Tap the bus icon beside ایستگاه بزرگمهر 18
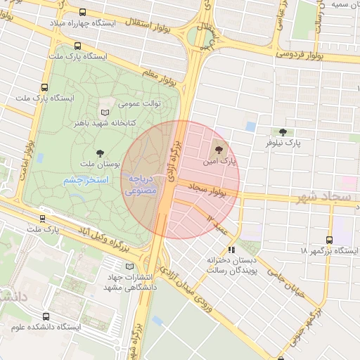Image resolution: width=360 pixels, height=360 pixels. [330, 239]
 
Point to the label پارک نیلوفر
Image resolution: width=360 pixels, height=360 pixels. [283, 143]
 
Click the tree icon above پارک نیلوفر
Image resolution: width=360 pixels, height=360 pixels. [283, 131]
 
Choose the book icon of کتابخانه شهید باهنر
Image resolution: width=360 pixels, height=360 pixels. [105, 112]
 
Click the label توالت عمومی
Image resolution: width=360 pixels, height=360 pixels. [139, 103]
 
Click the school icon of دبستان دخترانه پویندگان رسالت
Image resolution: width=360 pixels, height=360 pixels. [231, 250]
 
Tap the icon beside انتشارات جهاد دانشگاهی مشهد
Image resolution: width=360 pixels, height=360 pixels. [128, 266]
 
